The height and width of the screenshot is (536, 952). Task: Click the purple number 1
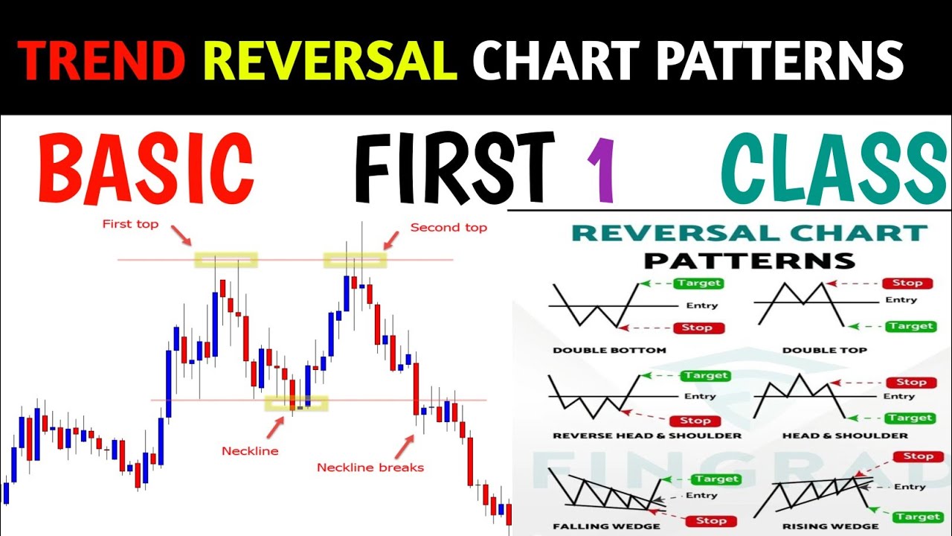[601, 173]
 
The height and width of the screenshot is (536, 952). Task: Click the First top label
[130, 224]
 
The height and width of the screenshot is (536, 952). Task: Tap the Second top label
[448, 227]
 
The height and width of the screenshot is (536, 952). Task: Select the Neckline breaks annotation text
[370, 468]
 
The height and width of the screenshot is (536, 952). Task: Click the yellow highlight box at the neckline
[296, 403]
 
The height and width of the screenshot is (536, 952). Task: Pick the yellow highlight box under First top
[226, 260]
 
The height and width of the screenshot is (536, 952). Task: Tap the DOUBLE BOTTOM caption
[609, 350]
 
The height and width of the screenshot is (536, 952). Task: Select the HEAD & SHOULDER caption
[844, 435]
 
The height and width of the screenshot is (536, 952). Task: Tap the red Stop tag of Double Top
[907, 283]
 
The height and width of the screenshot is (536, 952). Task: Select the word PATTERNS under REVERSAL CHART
[749, 261]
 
